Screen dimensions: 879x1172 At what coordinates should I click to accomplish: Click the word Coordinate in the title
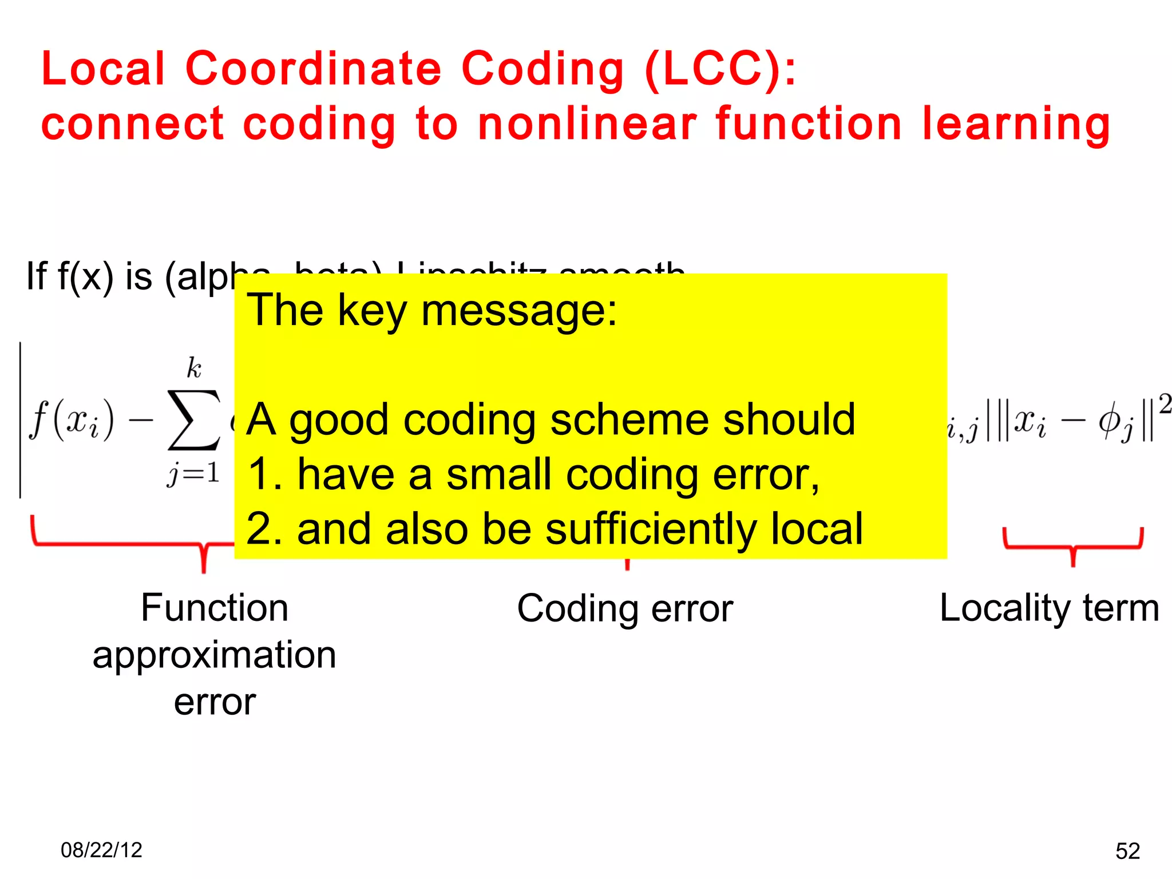pos(313,69)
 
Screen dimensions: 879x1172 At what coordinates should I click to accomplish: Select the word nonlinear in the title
pos(587,124)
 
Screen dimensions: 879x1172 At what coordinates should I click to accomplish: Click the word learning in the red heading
pos(1016,124)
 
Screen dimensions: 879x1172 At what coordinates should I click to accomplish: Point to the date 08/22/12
pos(101,850)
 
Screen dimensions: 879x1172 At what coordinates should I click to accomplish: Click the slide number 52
pos(1127,851)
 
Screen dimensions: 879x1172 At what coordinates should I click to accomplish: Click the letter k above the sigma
pos(193,368)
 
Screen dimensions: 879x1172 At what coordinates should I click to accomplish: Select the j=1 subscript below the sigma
pos(193,474)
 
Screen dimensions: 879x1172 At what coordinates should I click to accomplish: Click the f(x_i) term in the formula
pos(72,421)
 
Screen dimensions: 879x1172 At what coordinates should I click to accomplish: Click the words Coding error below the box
pos(624,608)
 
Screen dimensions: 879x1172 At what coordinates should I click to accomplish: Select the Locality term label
pos(1049,608)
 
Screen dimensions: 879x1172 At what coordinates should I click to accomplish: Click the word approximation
pos(214,655)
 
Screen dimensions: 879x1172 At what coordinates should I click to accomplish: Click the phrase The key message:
pos(432,310)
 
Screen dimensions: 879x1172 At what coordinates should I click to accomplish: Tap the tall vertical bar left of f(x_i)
pos(21,420)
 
